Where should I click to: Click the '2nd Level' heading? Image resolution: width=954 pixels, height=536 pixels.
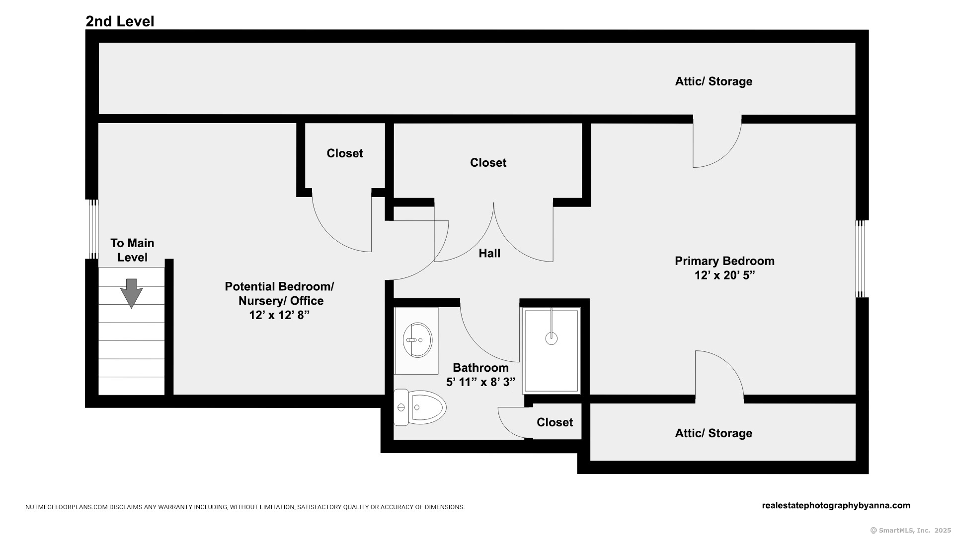(x=120, y=21)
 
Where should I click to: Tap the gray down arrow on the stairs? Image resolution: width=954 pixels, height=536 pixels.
(x=132, y=293)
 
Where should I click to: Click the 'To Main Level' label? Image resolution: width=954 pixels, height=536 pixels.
(x=132, y=250)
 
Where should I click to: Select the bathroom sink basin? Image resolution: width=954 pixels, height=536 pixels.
(x=417, y=340)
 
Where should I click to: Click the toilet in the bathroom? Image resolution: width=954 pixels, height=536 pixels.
(x=420, y=407)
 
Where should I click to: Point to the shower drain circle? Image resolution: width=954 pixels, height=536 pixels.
(x=551, y=338)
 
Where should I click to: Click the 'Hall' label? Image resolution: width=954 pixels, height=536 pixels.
(x=489, y=254)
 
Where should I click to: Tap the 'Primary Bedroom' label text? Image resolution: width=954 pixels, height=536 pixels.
(x=724, y=261)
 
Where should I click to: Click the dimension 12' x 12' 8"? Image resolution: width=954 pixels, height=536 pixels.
(x=279, y=315)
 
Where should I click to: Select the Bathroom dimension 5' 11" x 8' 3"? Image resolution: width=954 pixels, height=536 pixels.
(x=480, y=382)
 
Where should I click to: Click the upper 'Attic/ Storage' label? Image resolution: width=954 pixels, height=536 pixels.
(x=714, y=81)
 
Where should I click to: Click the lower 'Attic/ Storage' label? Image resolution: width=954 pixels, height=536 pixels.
(x=714, y=433)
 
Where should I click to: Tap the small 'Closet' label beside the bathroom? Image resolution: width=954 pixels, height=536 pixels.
(x=555, y=422)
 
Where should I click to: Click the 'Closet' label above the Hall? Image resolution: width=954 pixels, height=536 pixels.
(x=488, y=163)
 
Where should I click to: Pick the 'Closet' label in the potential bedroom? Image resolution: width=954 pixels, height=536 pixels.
(x=344, y=153)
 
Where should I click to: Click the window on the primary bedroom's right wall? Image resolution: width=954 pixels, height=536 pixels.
(x=861, y=259)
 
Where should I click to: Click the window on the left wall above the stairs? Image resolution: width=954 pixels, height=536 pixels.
(x=93, y=229)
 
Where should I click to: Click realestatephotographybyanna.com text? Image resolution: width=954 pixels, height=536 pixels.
(x=836, y=506)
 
